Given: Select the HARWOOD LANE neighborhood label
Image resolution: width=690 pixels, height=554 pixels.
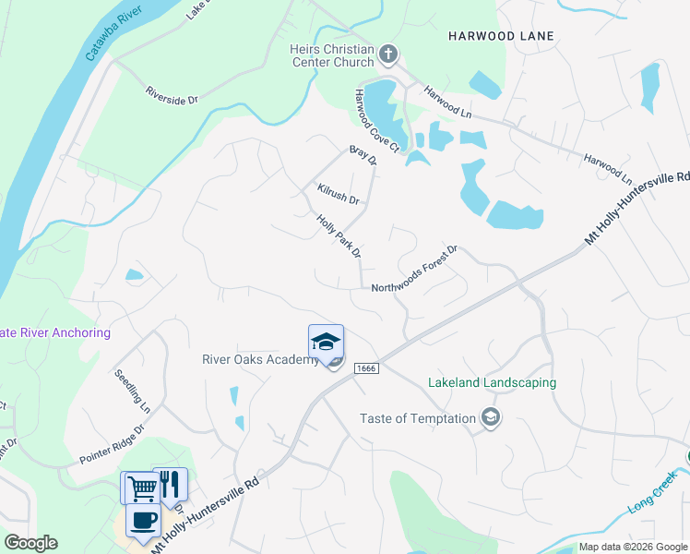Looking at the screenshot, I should coord(501,36).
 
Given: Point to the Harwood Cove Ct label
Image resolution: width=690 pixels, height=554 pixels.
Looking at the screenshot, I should coord(376,121).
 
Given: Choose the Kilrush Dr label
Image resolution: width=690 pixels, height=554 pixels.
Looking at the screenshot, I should coord(338,194).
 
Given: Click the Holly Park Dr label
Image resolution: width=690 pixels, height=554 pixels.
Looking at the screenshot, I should coord(339,236).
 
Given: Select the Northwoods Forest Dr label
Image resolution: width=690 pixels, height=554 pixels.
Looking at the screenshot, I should coord(414,270).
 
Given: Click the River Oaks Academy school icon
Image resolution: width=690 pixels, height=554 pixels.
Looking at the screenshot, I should coord(326,343).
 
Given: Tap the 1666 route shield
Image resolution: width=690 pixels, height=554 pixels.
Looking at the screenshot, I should coord(366,343).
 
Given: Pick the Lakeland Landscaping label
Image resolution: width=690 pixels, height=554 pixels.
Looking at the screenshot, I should coord(492,382).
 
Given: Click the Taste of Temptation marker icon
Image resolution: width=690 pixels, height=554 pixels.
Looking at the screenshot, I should coord(492,418).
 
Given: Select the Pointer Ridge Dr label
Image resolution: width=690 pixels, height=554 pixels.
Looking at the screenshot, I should coord(112,444).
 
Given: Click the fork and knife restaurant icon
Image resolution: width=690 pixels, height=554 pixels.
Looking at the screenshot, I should coord(170,484).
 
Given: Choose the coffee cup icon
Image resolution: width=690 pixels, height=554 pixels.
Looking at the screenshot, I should coord(142,521).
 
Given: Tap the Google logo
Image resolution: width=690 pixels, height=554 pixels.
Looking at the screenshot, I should coord(30,543).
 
